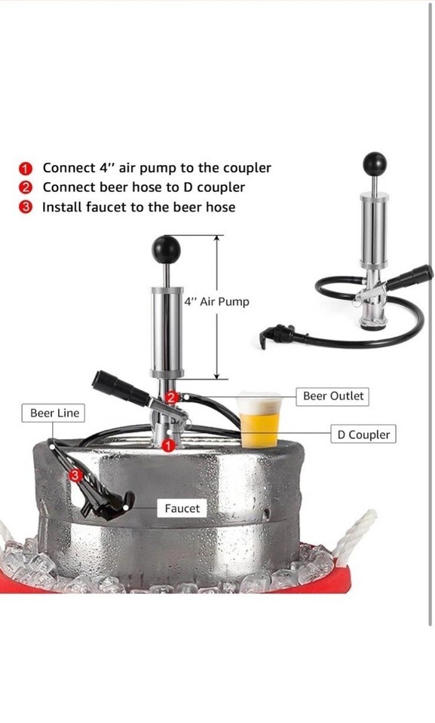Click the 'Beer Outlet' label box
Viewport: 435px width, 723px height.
332,396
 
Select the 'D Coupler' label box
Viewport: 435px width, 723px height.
363,435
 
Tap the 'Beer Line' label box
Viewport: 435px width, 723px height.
54,413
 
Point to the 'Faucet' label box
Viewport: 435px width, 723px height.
182,508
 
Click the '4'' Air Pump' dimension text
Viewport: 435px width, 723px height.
216,302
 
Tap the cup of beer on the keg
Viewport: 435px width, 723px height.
259,419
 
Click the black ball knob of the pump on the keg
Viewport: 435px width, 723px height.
167,249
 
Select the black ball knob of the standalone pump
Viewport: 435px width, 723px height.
375,164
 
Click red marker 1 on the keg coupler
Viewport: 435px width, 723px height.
169,445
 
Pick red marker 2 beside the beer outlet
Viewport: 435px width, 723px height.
171,397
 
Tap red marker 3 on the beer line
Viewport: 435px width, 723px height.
75,474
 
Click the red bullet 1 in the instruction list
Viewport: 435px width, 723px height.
26,168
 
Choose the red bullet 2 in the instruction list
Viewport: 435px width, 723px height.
26,188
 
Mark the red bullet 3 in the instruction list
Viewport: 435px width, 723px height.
26,208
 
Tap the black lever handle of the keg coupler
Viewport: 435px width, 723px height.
120,387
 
